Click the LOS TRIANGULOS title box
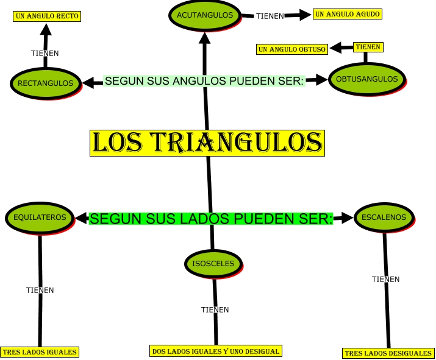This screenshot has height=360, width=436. pyautogui.click(x=207, y=143)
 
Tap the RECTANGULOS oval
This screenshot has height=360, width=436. pyautogui.click(x=46, y=83)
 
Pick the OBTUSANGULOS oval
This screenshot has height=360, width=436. pyautogui.click(x=367, y=79)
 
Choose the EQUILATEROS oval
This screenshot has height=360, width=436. pyautogui.click(x=40, y=216)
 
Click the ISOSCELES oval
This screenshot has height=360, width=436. pyautogui.click(x=213, y=263)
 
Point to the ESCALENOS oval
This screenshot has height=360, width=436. pyautogui.click(x=384, y=217)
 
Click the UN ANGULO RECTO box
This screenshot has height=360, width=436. pyautogui.click(x=48, y=16)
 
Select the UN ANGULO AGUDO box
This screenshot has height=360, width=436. pyautogui.click(x=347, y=13)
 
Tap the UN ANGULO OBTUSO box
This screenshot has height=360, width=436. pyautogui.click(x=292, y=49)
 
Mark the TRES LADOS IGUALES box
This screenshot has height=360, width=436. pyautogui.click(x=40, y=351)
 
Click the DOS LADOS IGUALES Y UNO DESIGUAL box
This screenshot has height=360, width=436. pyautogui.click(x=216, y=351)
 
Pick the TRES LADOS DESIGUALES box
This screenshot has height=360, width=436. pyautogui.click(x=388, y=353)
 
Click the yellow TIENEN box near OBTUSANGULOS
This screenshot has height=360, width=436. pyautogui.click(x=368, y=46)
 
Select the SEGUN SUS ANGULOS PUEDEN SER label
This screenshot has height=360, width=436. pyautogui.click(x=204, y=80)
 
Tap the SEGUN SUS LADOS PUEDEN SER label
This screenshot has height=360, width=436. pyautogui.click(x=211, y=218)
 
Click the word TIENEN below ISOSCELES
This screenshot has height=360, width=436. pyautogui.click(x=215, y=309)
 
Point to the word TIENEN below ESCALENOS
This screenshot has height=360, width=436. pyautogui.click(x=386, y=279)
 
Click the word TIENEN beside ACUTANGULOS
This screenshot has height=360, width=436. pyautogui.click(x=270, y=16)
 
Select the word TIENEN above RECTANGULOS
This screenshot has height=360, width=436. pyautogui.click(x=45, y=53)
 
